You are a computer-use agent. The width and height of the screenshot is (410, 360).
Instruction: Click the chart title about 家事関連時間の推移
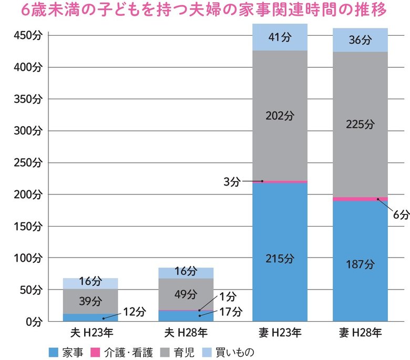point(204,11)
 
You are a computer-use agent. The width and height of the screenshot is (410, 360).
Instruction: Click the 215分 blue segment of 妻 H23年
point(280,259)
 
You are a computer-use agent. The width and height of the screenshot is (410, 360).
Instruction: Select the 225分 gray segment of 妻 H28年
point(360,125)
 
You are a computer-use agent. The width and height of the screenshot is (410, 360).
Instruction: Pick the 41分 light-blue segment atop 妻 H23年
point(280,38)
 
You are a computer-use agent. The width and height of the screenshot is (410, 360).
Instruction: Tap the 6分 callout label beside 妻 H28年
point(401,214)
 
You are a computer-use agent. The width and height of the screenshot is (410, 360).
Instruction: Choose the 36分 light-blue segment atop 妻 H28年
point(360,40)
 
